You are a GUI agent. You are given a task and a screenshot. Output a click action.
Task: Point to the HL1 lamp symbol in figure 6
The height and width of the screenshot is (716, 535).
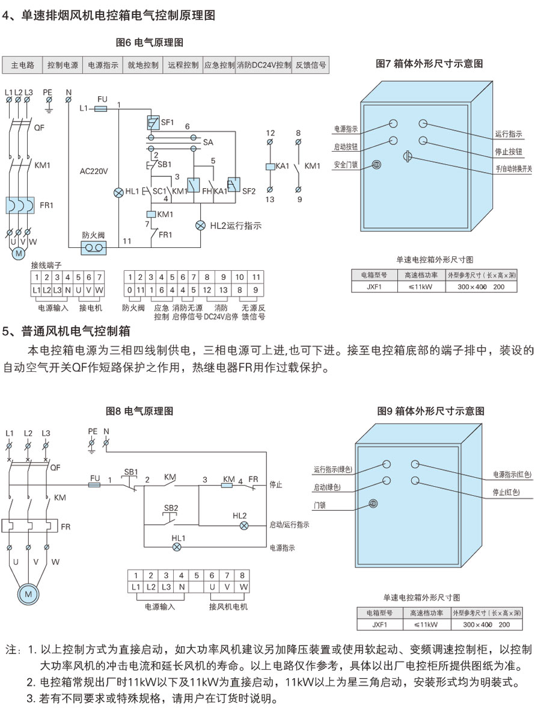tap(118, 192)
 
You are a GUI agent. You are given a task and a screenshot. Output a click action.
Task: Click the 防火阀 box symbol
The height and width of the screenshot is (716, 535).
tap(94, 247)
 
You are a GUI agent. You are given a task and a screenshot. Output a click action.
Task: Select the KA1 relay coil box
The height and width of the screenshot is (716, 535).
tap(270, 166)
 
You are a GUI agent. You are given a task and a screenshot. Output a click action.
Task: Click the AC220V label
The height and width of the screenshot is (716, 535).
tap(94, 171)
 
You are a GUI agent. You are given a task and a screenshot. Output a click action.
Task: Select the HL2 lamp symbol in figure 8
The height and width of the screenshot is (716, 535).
tap(244, 525)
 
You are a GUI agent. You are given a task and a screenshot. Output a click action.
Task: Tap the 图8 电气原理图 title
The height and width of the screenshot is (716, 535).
tap(139, 412)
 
